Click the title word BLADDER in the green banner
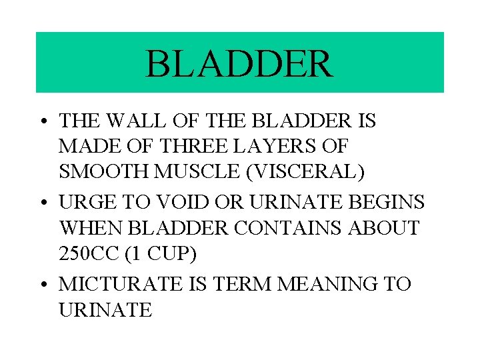click(x=239, y=63)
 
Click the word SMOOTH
click(x=105, y=172)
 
